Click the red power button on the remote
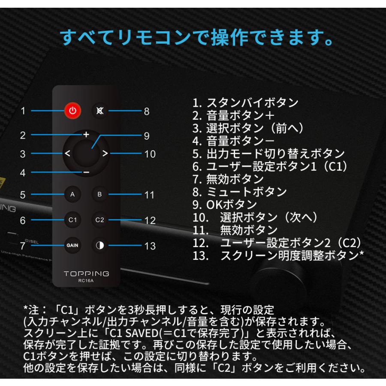tap(72, 111)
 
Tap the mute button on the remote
tap(100, 111)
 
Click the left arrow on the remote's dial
tap(68, 154)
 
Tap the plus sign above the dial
tap(86, 134)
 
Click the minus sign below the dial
tap(86, 172)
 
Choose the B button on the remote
tap(100, 195)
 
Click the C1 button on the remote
tap(72, 220)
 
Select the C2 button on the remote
tap(100, 220)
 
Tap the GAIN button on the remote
tap(72, 246)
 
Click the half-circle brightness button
tap(100, 246)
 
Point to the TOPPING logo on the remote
tap(86, 274)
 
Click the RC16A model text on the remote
tap(86, 281)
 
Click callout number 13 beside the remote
tap(150, 246)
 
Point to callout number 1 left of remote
tap(23, 111)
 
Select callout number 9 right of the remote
tap(147, 136)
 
